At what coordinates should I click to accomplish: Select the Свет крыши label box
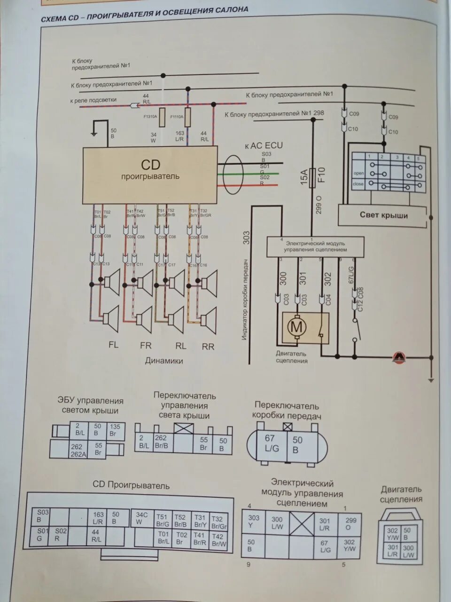click(x=383, y=215)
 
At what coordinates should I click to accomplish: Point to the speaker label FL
click(x=113, y=345)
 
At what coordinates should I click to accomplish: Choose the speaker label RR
click(x=208, y=347)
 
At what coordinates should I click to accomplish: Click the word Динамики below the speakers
click(x=164, y=361)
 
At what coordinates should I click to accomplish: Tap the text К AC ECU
click(x=264, y=145)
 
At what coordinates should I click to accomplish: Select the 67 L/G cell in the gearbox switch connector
click(x=271, y=444)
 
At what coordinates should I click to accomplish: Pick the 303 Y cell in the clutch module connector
click(x=254, y=521)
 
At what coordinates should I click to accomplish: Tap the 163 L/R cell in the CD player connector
click(x=98, y=518)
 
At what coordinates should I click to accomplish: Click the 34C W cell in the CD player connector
click(x=142, y=518)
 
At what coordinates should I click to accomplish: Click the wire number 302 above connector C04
click(x=328, y=279)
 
